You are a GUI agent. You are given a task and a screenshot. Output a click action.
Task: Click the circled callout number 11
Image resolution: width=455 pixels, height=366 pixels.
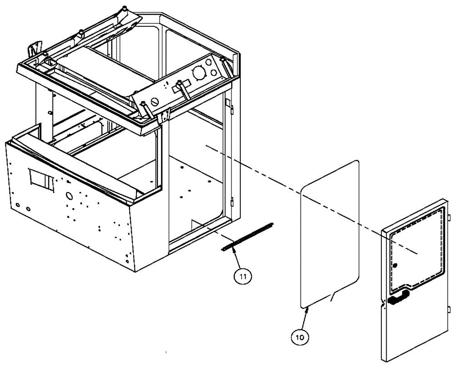(243, 275)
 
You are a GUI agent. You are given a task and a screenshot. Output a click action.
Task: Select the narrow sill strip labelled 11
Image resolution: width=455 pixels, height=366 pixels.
(248, 236)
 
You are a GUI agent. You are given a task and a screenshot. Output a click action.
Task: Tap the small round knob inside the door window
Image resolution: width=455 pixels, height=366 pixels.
(395, 265)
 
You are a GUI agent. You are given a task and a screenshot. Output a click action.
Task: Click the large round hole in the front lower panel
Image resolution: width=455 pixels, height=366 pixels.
(69, 196)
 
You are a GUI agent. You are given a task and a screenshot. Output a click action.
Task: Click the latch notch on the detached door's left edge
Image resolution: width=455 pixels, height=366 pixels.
(384, 303)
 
